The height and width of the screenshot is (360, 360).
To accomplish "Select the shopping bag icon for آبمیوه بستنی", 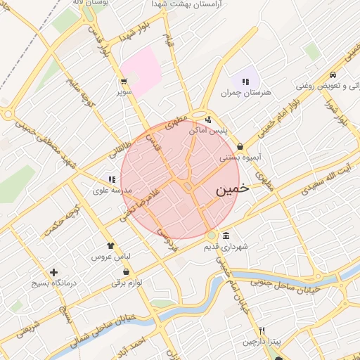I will point(240,147).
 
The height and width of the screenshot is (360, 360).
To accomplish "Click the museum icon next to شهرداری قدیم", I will point(225,236).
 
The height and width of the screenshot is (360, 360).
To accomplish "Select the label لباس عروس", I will point(105,257).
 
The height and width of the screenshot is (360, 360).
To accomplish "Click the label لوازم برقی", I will point(127,283).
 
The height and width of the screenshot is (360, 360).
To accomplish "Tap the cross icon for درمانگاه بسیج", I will point(53,272).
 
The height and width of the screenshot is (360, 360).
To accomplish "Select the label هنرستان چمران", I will point(245,92).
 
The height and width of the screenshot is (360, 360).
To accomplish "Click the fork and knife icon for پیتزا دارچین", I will point(262,330).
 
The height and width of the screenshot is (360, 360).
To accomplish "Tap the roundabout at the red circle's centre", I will point(188,186).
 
